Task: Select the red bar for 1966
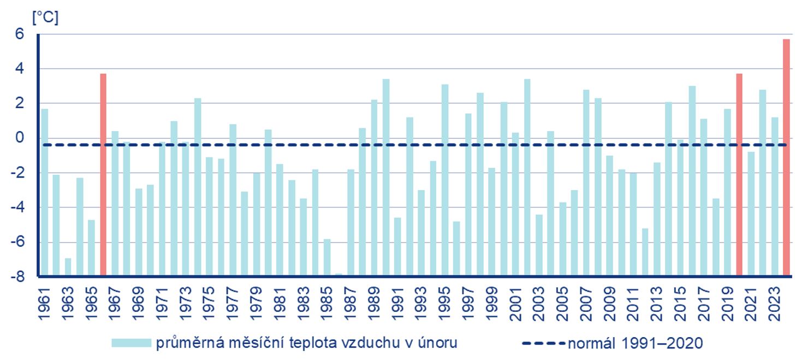click(x=103, y=174)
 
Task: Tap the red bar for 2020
click(x=739, y=174)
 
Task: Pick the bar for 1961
click(x=44, y=192)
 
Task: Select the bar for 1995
click(x=445, y=180)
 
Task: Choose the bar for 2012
click(x=645, y=252)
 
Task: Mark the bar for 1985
click(x=327, y=257)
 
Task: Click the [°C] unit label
click(x=45, y=17)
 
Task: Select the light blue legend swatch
click(x=131, y=343)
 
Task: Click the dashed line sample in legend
click(x=543, y=343)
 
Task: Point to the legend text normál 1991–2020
click(x=635, y=343)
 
